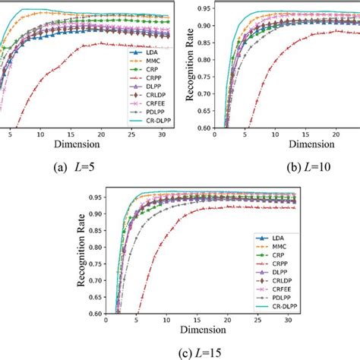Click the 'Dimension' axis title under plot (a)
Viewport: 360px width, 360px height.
(79, 144)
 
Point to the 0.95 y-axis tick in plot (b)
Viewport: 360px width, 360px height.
(204, 8)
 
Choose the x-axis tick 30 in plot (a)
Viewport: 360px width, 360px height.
(165, 134)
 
